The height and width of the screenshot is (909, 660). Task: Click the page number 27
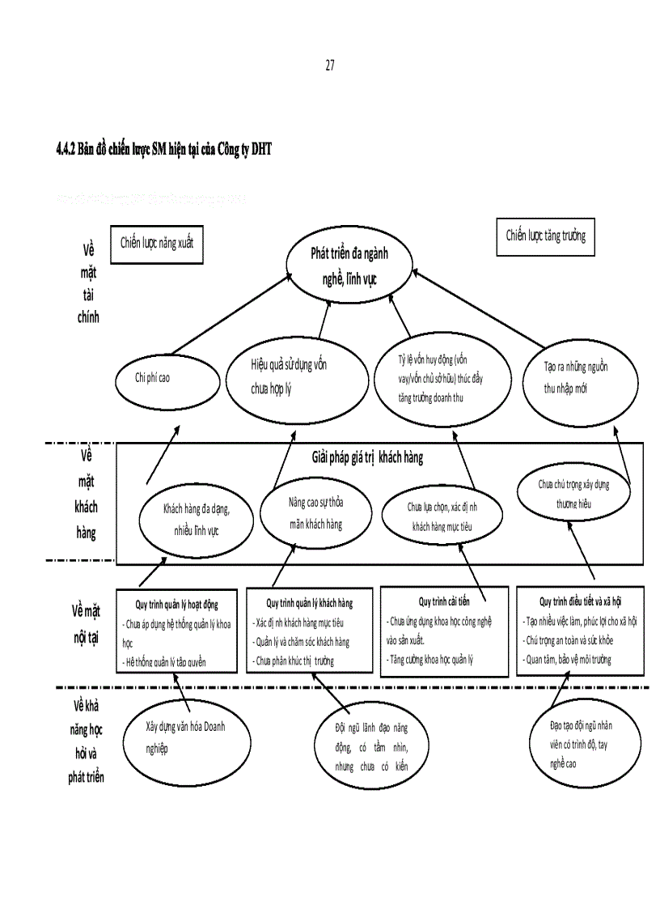tap(329, 66)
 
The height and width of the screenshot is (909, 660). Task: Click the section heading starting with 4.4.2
tap(164, 149)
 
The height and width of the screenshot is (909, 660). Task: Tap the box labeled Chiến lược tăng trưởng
tap(545, 236)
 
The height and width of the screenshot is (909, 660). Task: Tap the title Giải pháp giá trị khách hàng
tap(368, 457)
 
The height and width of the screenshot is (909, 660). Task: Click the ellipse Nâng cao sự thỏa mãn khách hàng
tap(315, 513)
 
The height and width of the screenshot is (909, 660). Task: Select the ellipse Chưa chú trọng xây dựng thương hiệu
tap(573, 492)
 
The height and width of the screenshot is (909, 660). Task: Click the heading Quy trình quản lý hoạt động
tap(176, 604)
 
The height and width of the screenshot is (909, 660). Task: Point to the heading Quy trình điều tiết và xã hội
tap(580, 601)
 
